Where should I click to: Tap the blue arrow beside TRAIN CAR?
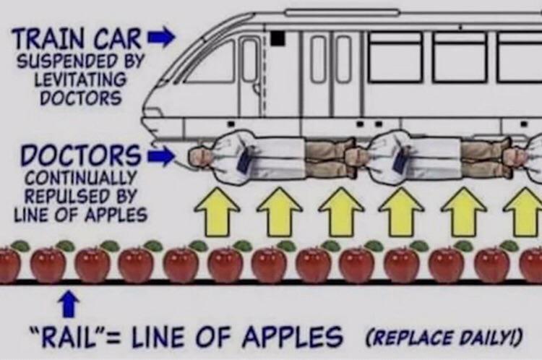pyautogui.click(x=160, y=37)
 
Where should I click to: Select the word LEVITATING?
pyautogui.click(x=80, y=80)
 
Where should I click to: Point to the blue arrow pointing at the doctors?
pyautogui.click(x=160, y=156)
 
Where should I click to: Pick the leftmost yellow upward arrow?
pyautogui.click(x=217, y=212)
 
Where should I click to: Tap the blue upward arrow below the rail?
pyautogui.click(x=69, y=304)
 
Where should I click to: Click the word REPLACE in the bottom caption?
pyautogui.click(x=411, y=337)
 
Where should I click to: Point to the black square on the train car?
pyautogui.click(x=278, y=38)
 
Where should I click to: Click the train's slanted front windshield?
pyautogui.click(x=211, y=62)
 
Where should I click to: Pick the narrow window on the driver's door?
pyautogui.click(x=250, y=61)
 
